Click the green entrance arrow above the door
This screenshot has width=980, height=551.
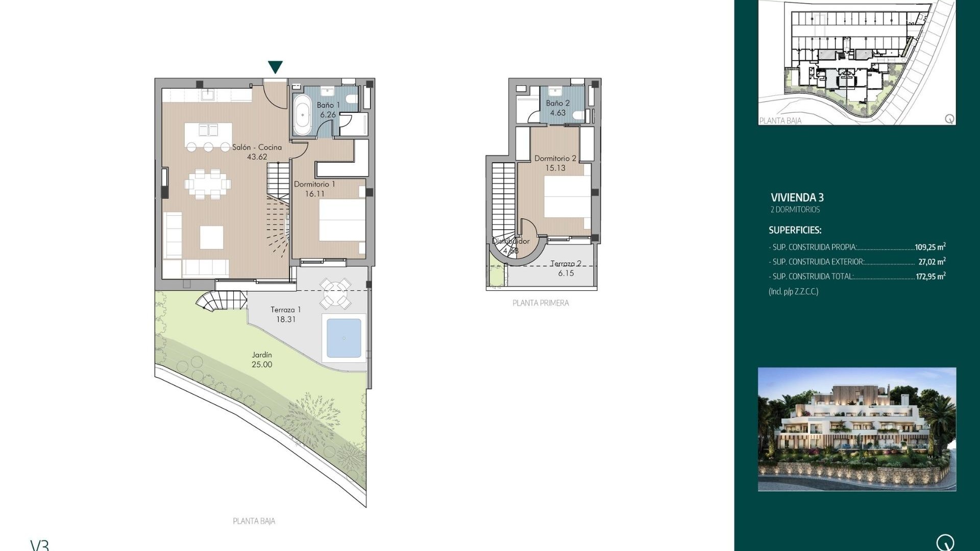(275, 67)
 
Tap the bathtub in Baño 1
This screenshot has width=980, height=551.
(303, 115)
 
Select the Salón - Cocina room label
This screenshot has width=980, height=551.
(257, 147)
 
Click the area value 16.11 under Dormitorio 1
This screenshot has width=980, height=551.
(314, 194)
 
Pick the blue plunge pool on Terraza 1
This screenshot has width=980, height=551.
(344, 338)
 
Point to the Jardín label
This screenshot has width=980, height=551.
(262, 355)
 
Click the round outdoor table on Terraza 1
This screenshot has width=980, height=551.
(335, 294)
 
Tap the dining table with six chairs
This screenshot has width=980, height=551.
(208, 184)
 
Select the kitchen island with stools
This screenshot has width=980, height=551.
(208, 135)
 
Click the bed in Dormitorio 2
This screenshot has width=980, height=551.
(567, 196)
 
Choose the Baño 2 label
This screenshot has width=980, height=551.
(557, 103)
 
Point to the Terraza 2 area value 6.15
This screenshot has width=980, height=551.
(566, 273)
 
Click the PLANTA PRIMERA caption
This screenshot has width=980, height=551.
(541, 303)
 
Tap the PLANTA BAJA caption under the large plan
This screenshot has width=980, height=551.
(254, 521)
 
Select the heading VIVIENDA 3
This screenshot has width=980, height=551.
(797, 197)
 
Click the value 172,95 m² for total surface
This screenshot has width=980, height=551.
(930, 277)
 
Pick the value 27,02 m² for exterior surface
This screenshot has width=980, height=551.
(932, 262)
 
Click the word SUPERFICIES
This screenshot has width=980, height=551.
(795, 230)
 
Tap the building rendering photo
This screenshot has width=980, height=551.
(856, 429)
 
